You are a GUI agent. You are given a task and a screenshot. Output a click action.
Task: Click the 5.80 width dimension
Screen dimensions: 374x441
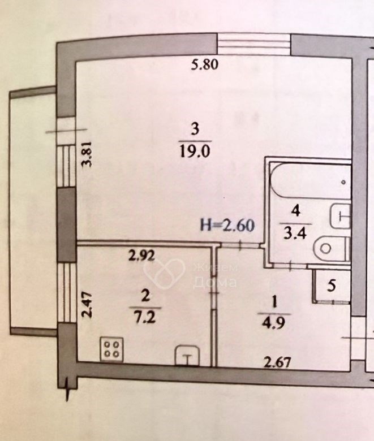click(205, 65)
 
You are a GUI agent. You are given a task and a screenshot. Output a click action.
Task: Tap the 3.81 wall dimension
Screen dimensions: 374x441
click(88, 158)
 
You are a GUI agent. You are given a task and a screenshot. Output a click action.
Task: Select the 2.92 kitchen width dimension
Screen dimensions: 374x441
click(141, 256)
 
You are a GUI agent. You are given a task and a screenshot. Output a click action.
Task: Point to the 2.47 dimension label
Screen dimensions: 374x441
click(87, 305)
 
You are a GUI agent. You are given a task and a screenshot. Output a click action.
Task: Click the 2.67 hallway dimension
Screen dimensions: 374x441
click(277, 362)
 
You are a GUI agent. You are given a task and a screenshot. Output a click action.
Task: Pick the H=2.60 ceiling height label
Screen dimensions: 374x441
click(227, 225)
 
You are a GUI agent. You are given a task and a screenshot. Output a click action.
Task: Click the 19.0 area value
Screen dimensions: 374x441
click(195, 152)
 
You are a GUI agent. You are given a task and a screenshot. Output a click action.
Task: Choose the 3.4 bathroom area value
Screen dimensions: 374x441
click(295, 234)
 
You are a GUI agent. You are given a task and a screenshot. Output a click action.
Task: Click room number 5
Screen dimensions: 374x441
click(332, 286)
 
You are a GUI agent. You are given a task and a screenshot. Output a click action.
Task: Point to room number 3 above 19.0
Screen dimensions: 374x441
click(195, 129)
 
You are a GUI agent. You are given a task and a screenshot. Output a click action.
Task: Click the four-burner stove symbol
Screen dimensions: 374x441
click(111, 349)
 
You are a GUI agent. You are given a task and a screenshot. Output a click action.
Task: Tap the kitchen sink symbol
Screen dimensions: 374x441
click(187, 356)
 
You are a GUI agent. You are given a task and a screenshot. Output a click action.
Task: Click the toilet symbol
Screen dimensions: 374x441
click(332, 249)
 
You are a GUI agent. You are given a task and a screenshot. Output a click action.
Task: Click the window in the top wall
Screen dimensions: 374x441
click(254, 44)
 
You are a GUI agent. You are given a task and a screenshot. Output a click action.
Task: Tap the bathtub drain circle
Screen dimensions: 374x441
click(343, 182)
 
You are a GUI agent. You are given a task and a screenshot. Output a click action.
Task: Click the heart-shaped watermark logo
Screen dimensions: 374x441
click(164, 274)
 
